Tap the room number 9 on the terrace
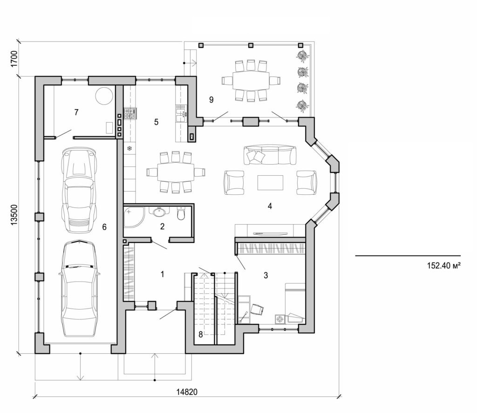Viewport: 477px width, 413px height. [x=211, y=99]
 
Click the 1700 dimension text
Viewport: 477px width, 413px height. [x=14, y=59]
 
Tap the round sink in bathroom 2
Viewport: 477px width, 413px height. [x=159, y=213]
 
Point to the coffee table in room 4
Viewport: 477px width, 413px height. [x=271, y=182]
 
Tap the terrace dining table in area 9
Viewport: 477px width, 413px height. [x=251, y=81]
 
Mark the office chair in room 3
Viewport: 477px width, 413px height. [x=257, y=308]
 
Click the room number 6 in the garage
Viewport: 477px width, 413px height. [x=104, y=227]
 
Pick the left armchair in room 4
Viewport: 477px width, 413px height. [x=234, y=182]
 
